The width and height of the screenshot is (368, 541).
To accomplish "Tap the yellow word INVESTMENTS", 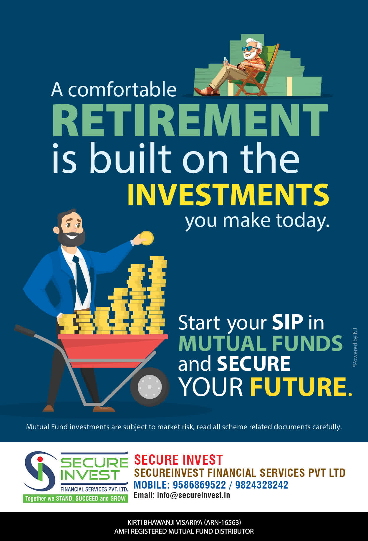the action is [x=228, y=195].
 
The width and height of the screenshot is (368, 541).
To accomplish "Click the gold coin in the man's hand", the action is [x=146, y=238].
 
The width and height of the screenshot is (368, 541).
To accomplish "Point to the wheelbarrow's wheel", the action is [x=150, y=387].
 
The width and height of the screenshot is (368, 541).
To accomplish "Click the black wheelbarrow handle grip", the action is [x=25, y=330].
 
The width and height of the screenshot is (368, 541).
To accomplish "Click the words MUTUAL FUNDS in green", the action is [x=261, y=343].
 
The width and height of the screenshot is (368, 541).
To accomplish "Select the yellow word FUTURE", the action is [x=301, y=387].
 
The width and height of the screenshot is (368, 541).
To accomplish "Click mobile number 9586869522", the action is [x=199, y=485].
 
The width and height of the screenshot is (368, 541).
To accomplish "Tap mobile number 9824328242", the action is [x=261, y=485].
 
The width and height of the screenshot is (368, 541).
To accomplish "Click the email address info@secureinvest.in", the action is [x=193, y=495].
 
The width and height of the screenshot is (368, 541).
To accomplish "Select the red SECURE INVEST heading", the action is [x=178, y=460].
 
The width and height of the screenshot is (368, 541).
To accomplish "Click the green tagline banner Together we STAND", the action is [x=75, y=499].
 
